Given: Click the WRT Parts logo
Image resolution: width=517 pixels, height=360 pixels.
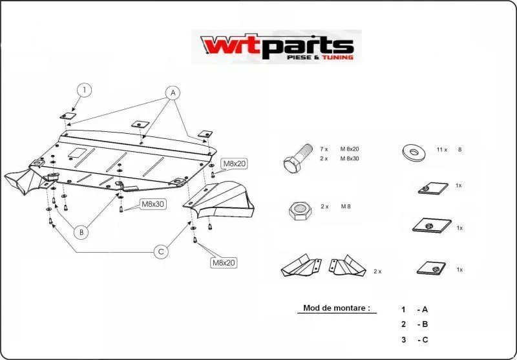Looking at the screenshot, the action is click(x=277, y=47).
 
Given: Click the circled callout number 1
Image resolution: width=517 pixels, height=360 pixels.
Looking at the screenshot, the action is click(x=85, y=90).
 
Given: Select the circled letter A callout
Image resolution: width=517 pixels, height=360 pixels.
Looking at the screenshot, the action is click(x=173, y=93).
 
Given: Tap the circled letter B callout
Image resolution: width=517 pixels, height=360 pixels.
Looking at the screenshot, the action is click(x=81, y=233).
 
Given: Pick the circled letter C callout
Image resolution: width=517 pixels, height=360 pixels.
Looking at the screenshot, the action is click(x=161, y=252).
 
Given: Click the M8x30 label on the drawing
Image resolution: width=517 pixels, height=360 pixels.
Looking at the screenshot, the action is click(x=153, y=204).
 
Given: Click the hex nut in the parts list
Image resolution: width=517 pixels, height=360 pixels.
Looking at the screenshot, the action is click(x=300, y=210).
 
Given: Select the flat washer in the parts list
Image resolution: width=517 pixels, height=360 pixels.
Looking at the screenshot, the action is click(x=414, y=151).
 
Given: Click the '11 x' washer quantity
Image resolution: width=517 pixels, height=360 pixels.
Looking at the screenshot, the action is click(x=442, y=150).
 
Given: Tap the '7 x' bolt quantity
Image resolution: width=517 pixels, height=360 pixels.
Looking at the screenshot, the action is click(x=324, y=149).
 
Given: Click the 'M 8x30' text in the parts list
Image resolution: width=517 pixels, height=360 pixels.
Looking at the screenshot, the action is click(x=350, y=158).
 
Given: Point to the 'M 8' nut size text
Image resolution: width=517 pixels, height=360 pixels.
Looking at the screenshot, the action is click(x=346, y=207).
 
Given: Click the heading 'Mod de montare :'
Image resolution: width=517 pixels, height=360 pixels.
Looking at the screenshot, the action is click(x=336, y=308).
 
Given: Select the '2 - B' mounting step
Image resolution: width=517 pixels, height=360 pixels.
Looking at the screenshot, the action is click(x=414, y=324).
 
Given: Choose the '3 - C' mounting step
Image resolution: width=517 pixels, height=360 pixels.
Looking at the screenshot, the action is click(x=414, y=339).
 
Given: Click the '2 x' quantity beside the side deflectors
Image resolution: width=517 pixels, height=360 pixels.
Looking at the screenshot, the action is click(x=377, y=271).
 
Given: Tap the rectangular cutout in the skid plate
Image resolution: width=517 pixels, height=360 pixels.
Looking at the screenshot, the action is click(x=78, y=153).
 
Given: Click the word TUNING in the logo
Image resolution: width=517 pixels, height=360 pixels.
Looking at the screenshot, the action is click(x=337, y=58).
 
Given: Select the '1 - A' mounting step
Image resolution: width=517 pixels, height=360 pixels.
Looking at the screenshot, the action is click(x=414, y=310).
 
